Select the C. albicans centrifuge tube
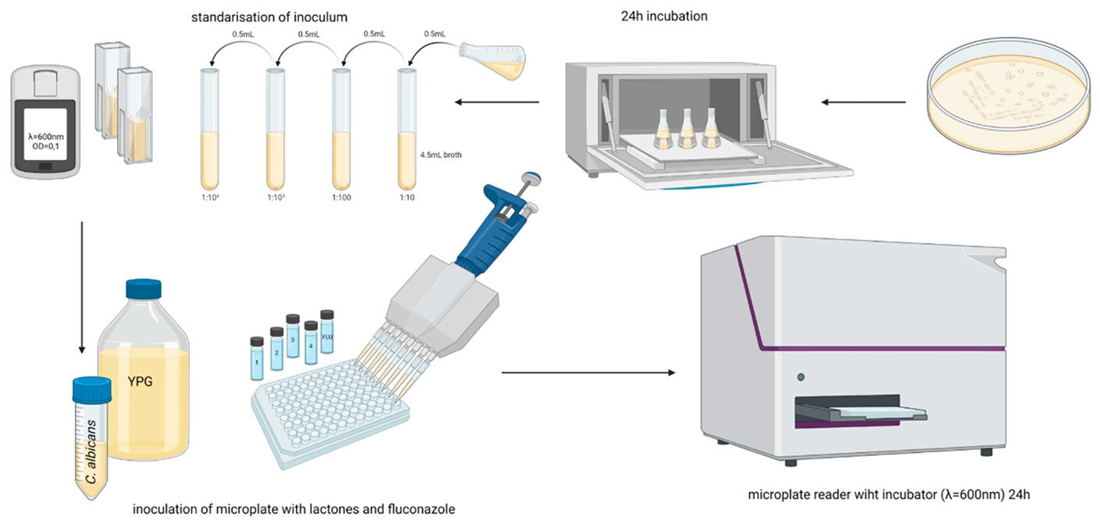[92, 441]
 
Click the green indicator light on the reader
[800, 378]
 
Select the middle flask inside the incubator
[686, 129]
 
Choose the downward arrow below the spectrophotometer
[81, 288]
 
